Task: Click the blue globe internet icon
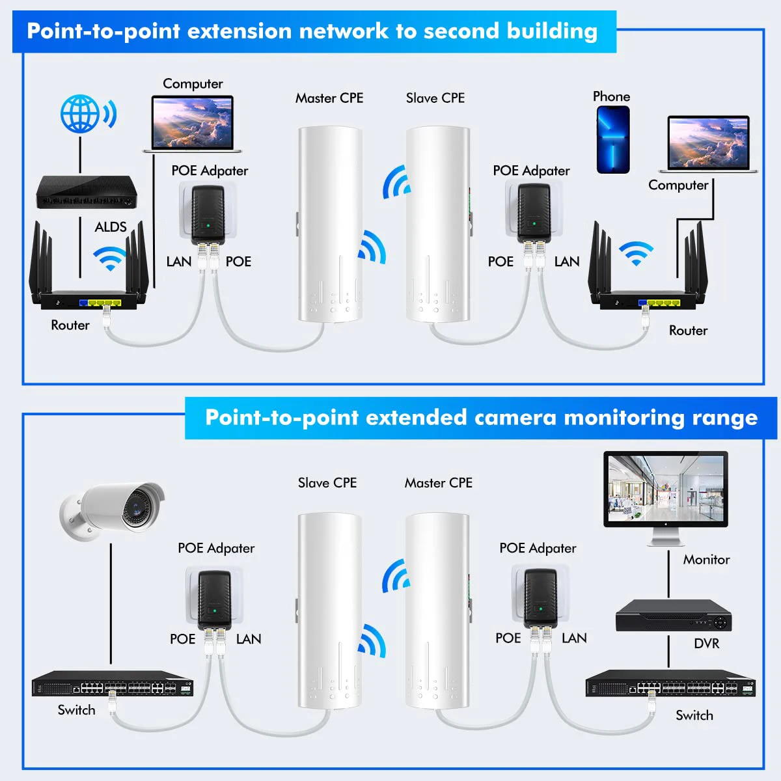pyautogui.click(x=81, y=114)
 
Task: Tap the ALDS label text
pyautogui.click(x=111, y=227)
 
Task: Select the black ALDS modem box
pyautogui.click(x=87, y=192)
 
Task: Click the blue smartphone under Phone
pyautogui.click(x=613, y=140)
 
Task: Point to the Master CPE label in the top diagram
pyautogui.click(x=329, y=98)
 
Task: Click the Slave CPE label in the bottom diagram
pyautogui.click(x=327, y=483)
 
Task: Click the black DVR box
pyautogui.click(x=674, y=615)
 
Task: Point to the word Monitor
pyautogui.click(x=706, y=560)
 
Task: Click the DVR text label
pyautogui.click(x=707, y=644)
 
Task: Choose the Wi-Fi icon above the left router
pyautogui.click(x=110, y=258)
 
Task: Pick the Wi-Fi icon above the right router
pyautogui.click(x=636, y=253)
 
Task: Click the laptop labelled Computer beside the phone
pyautogui.click(x=709, y=145)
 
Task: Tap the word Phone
pyautogui.click(x=611, y=97)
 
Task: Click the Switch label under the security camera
pyautogui.click(x=76, y=710)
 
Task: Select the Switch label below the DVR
pyautogui.click(x=694, y=716)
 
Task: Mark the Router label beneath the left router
pyautogui.click(x=70, y=325)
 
